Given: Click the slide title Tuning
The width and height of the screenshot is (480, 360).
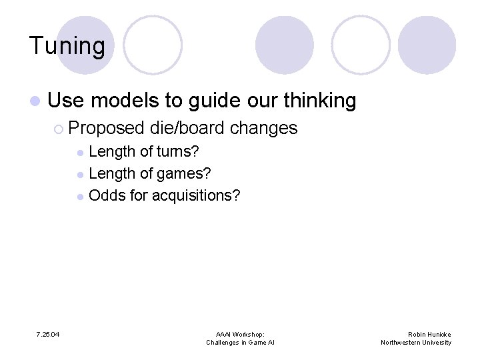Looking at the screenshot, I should point(67,46).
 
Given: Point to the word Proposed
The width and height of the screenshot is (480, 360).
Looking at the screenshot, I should point(107,127).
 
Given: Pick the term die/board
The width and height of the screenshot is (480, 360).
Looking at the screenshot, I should point(187,127).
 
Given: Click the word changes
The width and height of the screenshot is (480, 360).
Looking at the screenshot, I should point(263,127).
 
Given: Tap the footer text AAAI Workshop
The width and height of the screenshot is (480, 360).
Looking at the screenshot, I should point(240,334).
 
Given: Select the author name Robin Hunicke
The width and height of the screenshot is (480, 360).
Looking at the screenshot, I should point(429,334).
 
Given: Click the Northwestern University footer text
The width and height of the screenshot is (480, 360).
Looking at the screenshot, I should point(416,343).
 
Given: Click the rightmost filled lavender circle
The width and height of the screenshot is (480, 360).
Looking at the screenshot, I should point(427,45).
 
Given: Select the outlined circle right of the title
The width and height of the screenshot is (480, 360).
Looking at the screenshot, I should point(153,45).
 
